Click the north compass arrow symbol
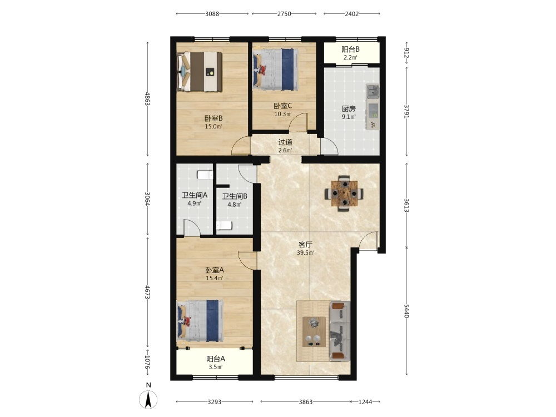click(x=148, y=399)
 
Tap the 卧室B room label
click(x=214, y=118)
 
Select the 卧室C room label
click(x=282, y=106)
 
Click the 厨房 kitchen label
click(x=349, y=108)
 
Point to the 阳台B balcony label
click(x=350, y=49)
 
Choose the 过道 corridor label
click(x=285, y=142)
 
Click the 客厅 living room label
click(x=305, y=244)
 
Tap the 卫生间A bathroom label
click(x=194, y=195)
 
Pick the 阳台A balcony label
click(x=216, y=359)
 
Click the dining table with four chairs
click(x=344, y=193)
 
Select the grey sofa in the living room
click(x=340, y=331)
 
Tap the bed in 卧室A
click(x=200, y=321)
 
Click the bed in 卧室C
click(x=275, y=69)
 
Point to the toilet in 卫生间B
click(x=224, y=226)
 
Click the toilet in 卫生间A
click(x=205, y=175)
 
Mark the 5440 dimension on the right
click(x=407, y=311)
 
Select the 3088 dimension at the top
click(x=212, y=14)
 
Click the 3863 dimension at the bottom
click(x=306, y=402)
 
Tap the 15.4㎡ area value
click(x=214, y=278)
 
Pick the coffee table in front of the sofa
click(x=314, y=332)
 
